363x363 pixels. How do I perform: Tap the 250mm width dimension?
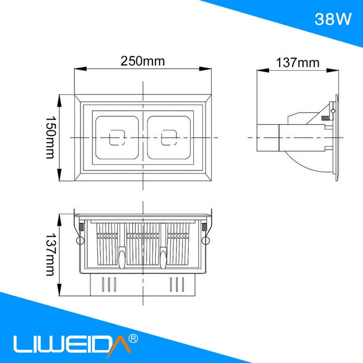[x=143, y=61]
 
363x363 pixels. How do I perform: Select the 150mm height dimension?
[x=50, y=137]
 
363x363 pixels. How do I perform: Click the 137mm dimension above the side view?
[x=298, y=62]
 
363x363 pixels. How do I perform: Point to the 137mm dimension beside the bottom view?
[x=50, y=255]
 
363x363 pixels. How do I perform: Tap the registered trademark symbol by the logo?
[x=135, y=338]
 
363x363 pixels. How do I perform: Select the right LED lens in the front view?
[x=170, y=137]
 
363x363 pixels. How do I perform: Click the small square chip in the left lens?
[x=116, y=137]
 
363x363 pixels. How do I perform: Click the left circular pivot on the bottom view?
[x=78, y=241]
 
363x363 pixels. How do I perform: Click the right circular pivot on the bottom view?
[x=207, y=241]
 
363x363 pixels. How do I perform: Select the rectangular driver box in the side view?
[x=268, y=138]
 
